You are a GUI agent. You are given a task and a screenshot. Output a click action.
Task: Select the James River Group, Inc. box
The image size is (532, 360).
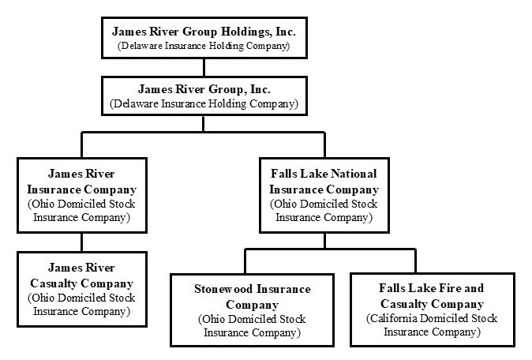coord(204,96)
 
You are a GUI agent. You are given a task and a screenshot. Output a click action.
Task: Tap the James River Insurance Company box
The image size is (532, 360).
coord(81,195)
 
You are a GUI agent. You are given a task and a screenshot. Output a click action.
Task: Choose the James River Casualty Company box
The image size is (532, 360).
coord(81,288)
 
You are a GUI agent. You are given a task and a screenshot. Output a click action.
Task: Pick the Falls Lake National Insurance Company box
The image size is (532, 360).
coord(324,195)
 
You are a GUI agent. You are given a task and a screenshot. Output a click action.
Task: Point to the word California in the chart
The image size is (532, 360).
coord(397,319)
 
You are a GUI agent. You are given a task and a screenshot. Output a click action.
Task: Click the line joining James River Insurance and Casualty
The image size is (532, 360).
coord(81,242)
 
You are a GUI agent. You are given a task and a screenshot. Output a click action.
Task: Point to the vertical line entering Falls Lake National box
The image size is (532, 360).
coord(324,145)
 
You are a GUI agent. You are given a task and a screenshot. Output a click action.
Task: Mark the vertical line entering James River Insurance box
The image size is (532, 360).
coord(81,145)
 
